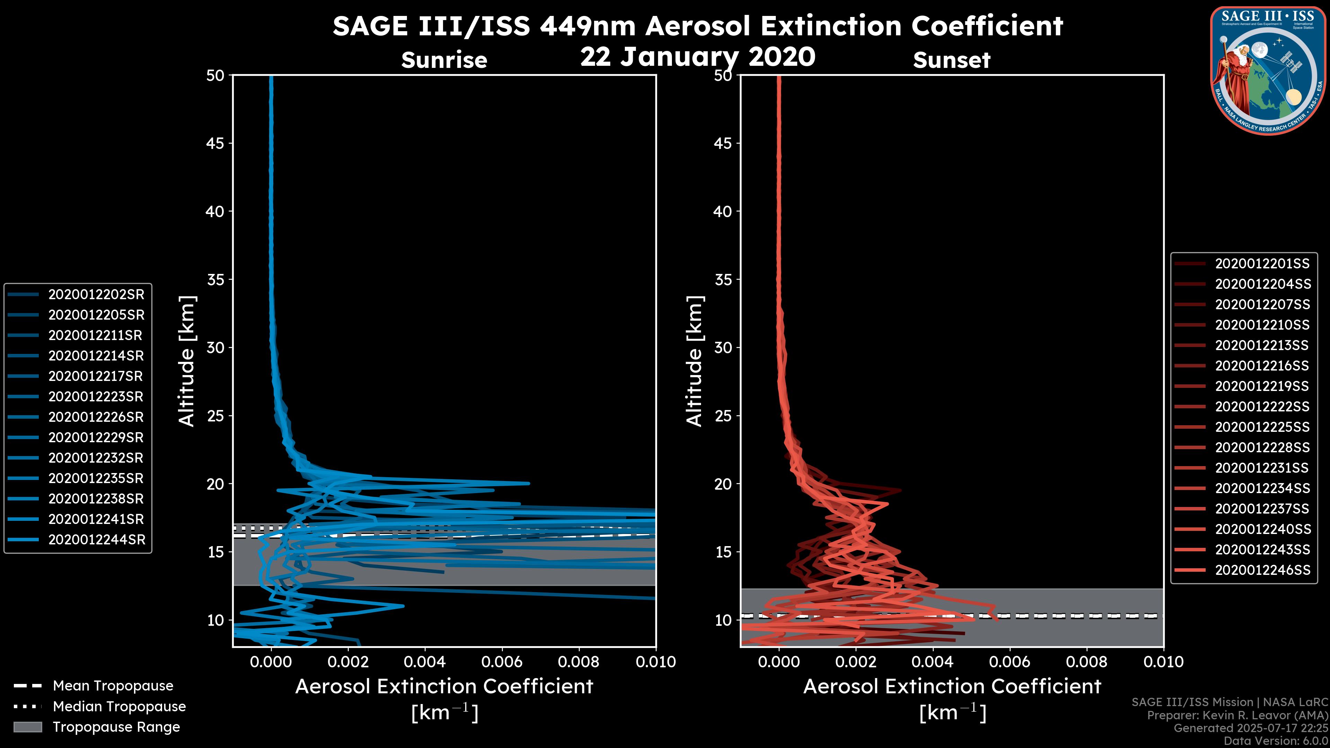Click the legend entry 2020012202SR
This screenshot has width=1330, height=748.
coord(96,294)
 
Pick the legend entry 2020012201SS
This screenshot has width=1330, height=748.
coord(1262,264)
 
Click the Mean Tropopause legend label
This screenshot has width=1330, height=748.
coord(113,686)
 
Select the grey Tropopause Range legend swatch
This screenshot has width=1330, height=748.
coord(27,727)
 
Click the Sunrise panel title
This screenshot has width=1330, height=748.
coord(444,60)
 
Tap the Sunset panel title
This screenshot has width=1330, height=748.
coord(951,60)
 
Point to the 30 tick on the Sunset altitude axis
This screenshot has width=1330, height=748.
coord(723,347)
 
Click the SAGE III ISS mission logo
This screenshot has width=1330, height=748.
coord(1268,70)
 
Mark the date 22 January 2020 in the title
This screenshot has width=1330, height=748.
coord(698,57)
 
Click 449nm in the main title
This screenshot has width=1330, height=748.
coord(587,26)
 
